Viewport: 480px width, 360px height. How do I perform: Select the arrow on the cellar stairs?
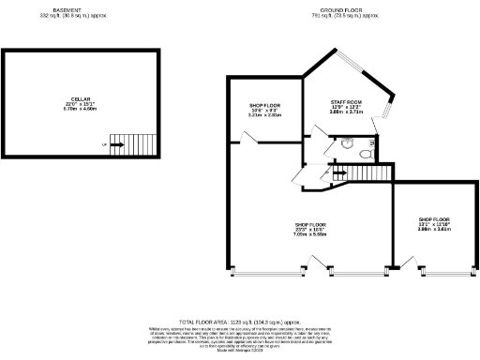point(117,144)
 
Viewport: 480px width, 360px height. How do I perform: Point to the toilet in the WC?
point(347,143)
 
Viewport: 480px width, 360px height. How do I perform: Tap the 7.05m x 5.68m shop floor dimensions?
point(310,235)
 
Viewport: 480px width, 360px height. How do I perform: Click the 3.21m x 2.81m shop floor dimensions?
point(264,115)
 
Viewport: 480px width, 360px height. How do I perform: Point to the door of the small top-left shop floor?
point(247,139)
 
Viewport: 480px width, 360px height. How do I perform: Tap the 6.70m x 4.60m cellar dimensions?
point(80,109)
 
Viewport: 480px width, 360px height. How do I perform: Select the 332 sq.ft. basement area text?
point(80,17)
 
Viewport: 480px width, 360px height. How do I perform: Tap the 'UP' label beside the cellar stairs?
point(104,144)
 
